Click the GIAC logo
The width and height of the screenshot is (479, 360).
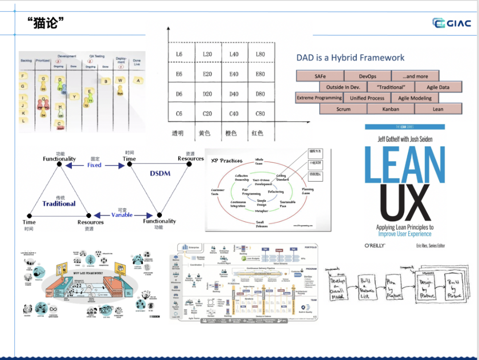coord(452,23)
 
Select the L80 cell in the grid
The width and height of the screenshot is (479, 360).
coord(260,54)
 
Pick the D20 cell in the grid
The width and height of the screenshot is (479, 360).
coord(207,94)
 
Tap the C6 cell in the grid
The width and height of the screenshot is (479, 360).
coord(179,114)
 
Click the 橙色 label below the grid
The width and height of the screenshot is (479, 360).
coord(231,133)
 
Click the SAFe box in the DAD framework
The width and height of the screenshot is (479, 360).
coord(320,76)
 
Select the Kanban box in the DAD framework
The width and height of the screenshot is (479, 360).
coord(391,109)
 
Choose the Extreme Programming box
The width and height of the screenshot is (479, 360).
coord(319,98)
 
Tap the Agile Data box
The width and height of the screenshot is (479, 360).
coord(438,87)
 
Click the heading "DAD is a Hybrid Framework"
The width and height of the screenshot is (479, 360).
coord(350,58)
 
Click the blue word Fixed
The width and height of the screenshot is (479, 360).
coord(94,165)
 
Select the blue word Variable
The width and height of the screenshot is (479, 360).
coord(122,215)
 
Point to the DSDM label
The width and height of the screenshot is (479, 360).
coord(160,173)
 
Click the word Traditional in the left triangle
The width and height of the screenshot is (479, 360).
coord(59,204)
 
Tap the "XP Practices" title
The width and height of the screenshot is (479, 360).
coord(226,161)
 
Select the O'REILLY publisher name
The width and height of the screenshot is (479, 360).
coord(375,245)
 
